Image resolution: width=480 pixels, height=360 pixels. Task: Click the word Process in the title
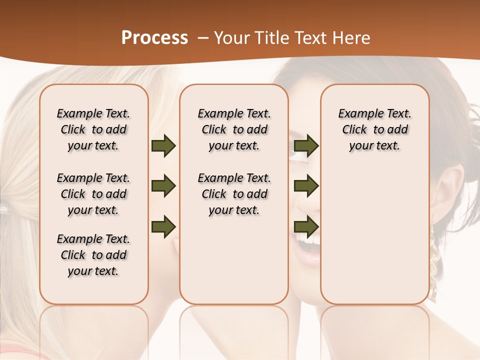click(154, 38)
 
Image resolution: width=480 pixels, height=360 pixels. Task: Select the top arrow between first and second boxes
click(163, 146)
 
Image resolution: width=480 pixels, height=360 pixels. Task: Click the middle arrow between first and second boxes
click(163, 186)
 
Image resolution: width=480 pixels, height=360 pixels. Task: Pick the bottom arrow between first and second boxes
click(163, 226)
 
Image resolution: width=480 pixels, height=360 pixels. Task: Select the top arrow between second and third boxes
click(306, 146)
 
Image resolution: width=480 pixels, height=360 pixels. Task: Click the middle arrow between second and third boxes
click(306, 186)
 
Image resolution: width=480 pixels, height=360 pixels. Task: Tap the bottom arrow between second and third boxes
click(306, 226)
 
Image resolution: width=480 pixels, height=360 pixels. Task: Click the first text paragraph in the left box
click(93, 129)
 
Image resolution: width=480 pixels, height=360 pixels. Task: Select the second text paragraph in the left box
click(93, 194)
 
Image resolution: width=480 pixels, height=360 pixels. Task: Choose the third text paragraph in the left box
click(93, 255)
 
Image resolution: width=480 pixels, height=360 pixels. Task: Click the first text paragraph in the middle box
click(234, 129)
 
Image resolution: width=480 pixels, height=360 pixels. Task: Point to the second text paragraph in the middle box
click(234, 194)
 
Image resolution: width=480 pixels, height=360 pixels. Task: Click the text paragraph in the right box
click(374, 129)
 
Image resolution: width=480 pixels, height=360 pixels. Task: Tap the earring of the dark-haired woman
click(434, 260)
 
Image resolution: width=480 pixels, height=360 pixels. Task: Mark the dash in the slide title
click(202, 38)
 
